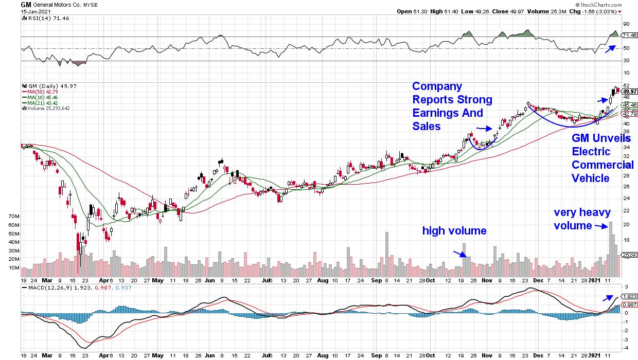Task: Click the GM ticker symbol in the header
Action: click(26, 4)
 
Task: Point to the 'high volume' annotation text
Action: click(454, 231)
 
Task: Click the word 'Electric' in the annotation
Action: click(591, 152)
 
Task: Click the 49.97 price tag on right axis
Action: click(629, 91)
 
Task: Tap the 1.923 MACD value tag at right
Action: click(630, 297)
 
